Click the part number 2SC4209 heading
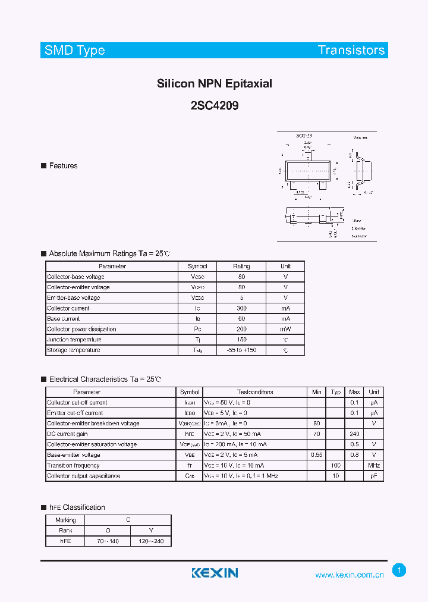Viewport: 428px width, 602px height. (214, 106)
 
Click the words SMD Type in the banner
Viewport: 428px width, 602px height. (75, 51)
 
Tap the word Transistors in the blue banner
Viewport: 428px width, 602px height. (351, 51)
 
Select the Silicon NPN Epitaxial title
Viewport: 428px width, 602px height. (214, 84)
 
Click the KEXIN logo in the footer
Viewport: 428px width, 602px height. (215, 573)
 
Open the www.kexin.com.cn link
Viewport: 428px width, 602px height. (350, 575)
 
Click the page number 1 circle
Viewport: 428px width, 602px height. (399, 570)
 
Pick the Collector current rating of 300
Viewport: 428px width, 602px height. (241, 308)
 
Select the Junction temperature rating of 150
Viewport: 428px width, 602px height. (241, 340)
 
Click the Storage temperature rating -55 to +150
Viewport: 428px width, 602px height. (241, 350)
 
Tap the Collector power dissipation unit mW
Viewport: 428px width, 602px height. (285, 329)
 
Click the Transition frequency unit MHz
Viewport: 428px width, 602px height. (374, 465)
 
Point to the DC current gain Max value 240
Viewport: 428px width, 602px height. (354, 434)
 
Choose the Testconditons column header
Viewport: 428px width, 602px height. (255, 392)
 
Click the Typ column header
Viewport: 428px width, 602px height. (336, 392)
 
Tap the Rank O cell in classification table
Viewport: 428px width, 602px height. (108, 531)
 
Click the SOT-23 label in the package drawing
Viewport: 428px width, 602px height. (304, 136)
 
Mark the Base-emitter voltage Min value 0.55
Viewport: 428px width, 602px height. (317, 455)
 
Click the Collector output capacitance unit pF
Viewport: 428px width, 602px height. (374, 476)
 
